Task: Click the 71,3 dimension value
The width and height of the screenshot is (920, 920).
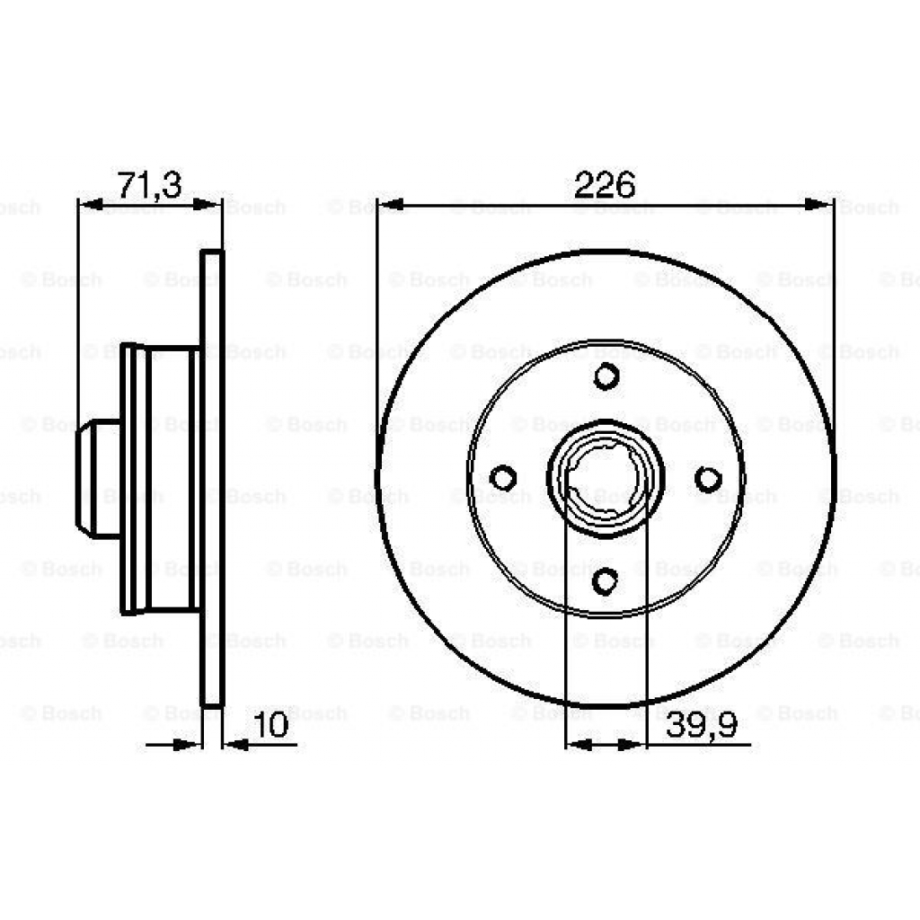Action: pyautogui.click(x=149, y=184)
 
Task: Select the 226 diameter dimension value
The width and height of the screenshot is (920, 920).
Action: pyautogui.click(x=604, y=184)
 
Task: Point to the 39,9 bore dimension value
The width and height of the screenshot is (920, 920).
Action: pyautogui.click(x=707, y=725)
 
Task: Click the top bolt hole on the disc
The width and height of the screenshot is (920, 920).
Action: pyautogui.click(x=606, y=376)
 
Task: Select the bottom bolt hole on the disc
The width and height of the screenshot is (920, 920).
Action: pyautogui.click(x=606, y=581)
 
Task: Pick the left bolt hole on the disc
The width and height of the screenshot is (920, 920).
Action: pyautogui.click(x=505, y=478)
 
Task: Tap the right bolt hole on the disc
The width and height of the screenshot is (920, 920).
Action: pyautogui.click(x=708, y=478)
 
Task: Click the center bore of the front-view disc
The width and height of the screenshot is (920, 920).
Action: pyautogui.click(x=605, y=478)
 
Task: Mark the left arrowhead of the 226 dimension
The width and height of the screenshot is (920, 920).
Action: pyautogui.click(x=391, y=206)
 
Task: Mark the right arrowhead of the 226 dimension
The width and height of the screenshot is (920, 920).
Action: pyautogui.click(x=819, y=206)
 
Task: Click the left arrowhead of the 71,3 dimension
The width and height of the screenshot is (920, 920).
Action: pyautogui.click(x=91, y=206)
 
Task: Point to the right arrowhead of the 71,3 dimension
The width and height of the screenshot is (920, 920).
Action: pyautogui.click(x=210, y=206)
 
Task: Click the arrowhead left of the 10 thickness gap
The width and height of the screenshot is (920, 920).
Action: pyautogui.click(x=187, y=744)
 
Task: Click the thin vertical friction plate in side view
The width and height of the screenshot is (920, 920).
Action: pyautogui.click(x=211, y=478)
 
